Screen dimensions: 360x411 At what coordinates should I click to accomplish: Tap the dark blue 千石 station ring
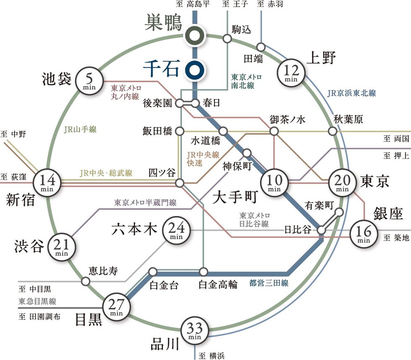tap(195, 70)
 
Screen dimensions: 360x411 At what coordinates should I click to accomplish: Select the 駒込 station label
tap(242, 29)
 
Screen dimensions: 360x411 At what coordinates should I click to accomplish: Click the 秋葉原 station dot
tap(333, 131)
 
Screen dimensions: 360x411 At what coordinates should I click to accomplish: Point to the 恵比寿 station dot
tap(86, 282)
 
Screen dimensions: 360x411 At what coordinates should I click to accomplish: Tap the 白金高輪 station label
tap(218, 285)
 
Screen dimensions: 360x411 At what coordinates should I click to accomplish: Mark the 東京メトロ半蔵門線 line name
tap(145, 203)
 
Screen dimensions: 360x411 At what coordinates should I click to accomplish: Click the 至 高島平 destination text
tap(192, 5)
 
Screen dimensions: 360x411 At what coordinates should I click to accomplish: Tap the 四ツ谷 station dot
tap(179, 183)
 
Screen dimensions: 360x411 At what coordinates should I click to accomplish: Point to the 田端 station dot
tap(261, 47)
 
